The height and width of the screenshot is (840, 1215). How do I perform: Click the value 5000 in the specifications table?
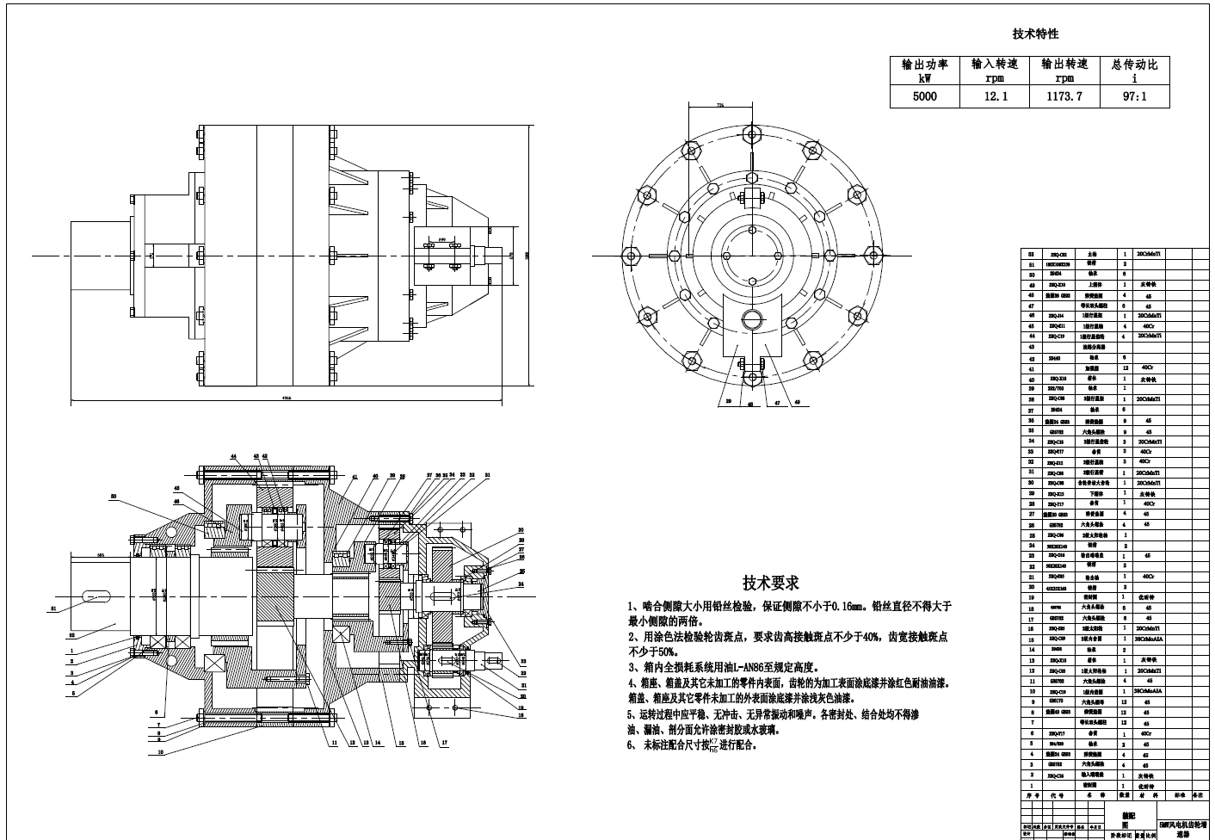(x=924, y=96)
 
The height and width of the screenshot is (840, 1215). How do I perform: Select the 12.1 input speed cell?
(x=995, y=96)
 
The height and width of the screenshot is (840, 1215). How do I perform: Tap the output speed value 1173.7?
(x=1064, y=96)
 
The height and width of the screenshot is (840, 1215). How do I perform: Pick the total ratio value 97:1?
(x=1135, y=96)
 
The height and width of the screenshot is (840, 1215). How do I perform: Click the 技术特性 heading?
(x=1035, y=34)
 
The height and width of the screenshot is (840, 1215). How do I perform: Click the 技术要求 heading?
(x=771, y=584)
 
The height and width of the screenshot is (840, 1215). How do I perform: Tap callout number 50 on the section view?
(x=114, y=497)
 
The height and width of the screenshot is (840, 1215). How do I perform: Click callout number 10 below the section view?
(x=161, y=751)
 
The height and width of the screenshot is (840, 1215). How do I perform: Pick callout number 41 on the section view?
(x=355, y=476)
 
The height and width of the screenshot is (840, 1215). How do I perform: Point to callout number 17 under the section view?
(x=444, y=742)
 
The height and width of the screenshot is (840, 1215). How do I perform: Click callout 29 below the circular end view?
(x=727, y=402)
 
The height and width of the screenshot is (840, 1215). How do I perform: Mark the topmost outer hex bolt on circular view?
(x=751, y=135)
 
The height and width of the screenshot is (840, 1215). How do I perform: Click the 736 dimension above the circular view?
(x=720, y=104)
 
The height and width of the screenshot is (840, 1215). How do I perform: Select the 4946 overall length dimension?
(x=286, y=398)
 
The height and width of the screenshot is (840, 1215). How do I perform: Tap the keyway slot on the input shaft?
(x=96, y=595)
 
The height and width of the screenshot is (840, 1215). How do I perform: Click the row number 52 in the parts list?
(x=1031, y=255)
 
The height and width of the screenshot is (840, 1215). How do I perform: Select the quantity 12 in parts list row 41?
(x=1125, y=367)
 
